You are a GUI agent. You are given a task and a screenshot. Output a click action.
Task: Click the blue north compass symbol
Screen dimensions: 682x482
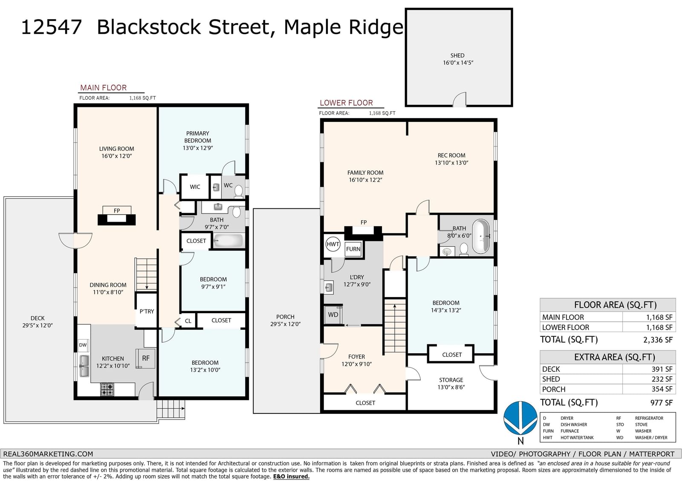tap(520, 418)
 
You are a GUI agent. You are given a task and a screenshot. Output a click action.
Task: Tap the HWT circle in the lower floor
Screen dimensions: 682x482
tap(332, 244)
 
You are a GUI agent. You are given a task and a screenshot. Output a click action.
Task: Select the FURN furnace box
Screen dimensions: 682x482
tap(353, 249)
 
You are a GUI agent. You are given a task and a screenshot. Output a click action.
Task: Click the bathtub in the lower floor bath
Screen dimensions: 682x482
tap(481, 236)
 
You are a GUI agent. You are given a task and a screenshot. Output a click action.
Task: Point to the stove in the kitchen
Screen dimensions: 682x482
tap(107, 390)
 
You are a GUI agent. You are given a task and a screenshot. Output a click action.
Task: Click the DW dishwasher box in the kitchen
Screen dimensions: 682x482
tap(83, 345)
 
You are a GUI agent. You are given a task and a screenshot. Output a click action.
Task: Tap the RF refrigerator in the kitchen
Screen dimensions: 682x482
tap(145, 358)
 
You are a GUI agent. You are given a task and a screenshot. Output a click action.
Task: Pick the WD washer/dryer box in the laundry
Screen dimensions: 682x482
tap(333, 315)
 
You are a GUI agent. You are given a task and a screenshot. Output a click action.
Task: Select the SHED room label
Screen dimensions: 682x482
tap(457, 55)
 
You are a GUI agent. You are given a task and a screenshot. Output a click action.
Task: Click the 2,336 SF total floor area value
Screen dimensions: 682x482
tap(658, 340)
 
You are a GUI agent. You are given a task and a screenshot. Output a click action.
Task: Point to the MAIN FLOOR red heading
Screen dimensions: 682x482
tap(103, 88)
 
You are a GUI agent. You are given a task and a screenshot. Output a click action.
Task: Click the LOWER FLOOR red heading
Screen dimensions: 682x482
tap(346, 103)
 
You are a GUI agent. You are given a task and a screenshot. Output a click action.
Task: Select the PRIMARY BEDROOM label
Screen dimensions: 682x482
tap(198, 137)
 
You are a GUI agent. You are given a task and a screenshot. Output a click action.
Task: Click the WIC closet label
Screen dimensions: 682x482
tap(195, 187)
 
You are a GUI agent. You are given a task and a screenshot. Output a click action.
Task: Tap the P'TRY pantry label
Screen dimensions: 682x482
tap(147, 311)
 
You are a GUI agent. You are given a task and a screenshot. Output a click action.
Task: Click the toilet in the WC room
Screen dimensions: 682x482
tap(238, 191)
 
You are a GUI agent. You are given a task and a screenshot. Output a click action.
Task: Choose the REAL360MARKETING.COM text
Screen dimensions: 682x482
tap(48, 454)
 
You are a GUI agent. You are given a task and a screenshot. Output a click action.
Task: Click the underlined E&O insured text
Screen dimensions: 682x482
tap(291, 476)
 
